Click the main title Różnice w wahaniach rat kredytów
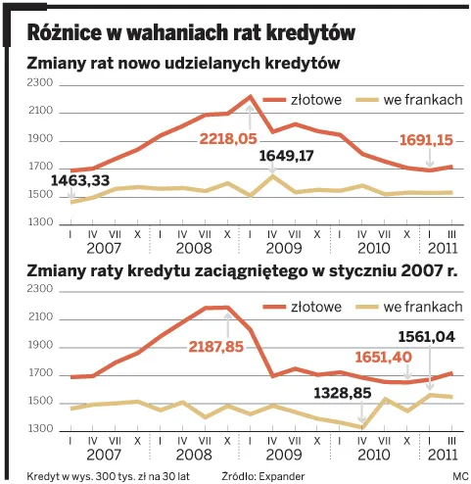pos(191,31)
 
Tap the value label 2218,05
pos(228,139)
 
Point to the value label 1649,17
pos(286,156)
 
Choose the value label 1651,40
pos(382,359)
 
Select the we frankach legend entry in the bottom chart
pos(424,307)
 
